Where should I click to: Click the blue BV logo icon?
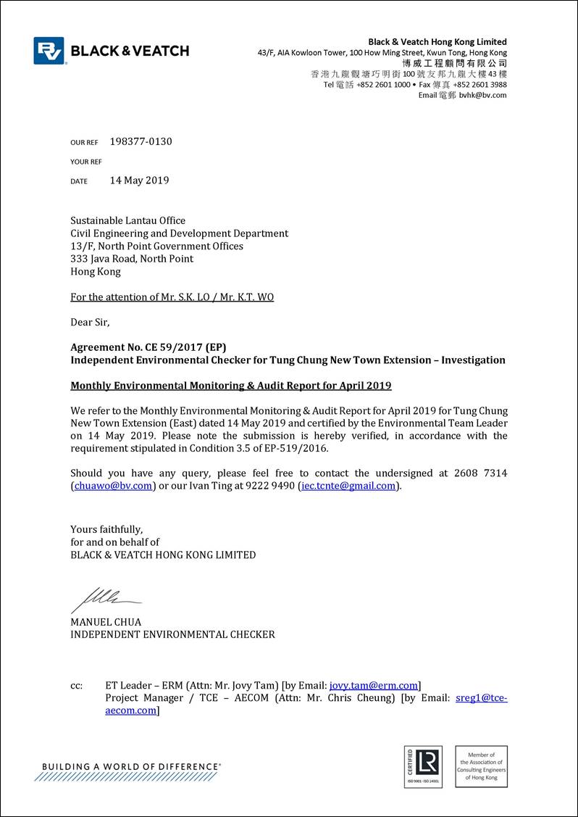(49, 51)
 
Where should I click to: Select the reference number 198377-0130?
(141, 141)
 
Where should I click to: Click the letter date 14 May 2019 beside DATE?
(139, 181)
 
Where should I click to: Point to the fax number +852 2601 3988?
(479, 85)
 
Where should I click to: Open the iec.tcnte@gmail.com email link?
(348, 486)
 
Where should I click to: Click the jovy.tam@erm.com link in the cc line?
(374, 685)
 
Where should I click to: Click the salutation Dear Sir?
(90, 322)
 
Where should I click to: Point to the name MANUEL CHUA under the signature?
(106, 622)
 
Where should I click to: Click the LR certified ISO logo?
(423, 767)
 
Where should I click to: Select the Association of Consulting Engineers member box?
(481, 766)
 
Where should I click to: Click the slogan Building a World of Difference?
(131, 766)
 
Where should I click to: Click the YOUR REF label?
(86, 162)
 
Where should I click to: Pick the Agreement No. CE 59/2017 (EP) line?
(153, 347)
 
